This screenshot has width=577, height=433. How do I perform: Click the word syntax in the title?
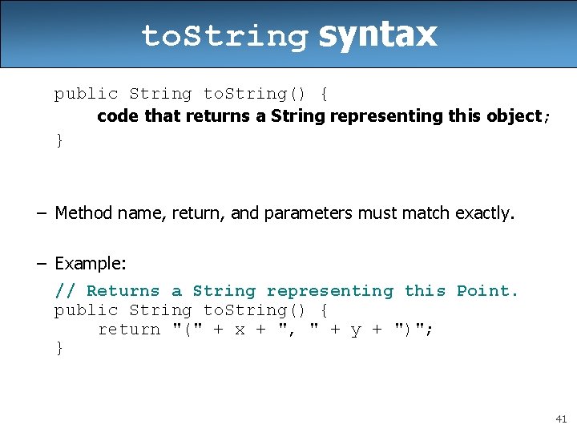pos(377,34)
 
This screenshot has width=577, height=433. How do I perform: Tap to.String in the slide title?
pos(224,36)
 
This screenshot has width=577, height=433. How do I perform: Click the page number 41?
pos(560,419)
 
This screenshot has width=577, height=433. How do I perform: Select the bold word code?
pos(119,116)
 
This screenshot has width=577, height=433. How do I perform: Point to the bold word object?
pos(514,116)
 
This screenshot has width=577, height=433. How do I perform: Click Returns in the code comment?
pos(123,291)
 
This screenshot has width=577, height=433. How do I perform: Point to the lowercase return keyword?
pos(129,330)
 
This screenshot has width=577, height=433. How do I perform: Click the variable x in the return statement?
pos(240,330)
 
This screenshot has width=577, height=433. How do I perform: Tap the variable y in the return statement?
pos(356,330)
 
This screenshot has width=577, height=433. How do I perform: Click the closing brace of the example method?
pos(59,348)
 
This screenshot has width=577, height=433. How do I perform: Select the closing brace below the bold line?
pos(59,140)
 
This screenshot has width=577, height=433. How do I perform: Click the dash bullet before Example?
pos(41,263)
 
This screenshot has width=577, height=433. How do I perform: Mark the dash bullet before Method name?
pos(41,212)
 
